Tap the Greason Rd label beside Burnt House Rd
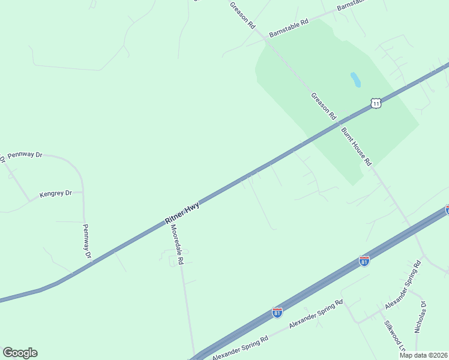coord(324,106)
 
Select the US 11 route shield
coord(376,103)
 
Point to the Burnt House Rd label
coord(357,146)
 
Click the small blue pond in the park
coord(355,80)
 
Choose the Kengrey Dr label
coord(55,194)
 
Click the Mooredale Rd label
coord(179,240)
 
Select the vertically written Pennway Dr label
coord(86,241)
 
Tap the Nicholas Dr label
coord(420,317)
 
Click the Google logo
coord(20,353)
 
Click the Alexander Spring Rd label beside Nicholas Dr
coord(403,286)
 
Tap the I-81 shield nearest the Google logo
coord(277,313)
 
